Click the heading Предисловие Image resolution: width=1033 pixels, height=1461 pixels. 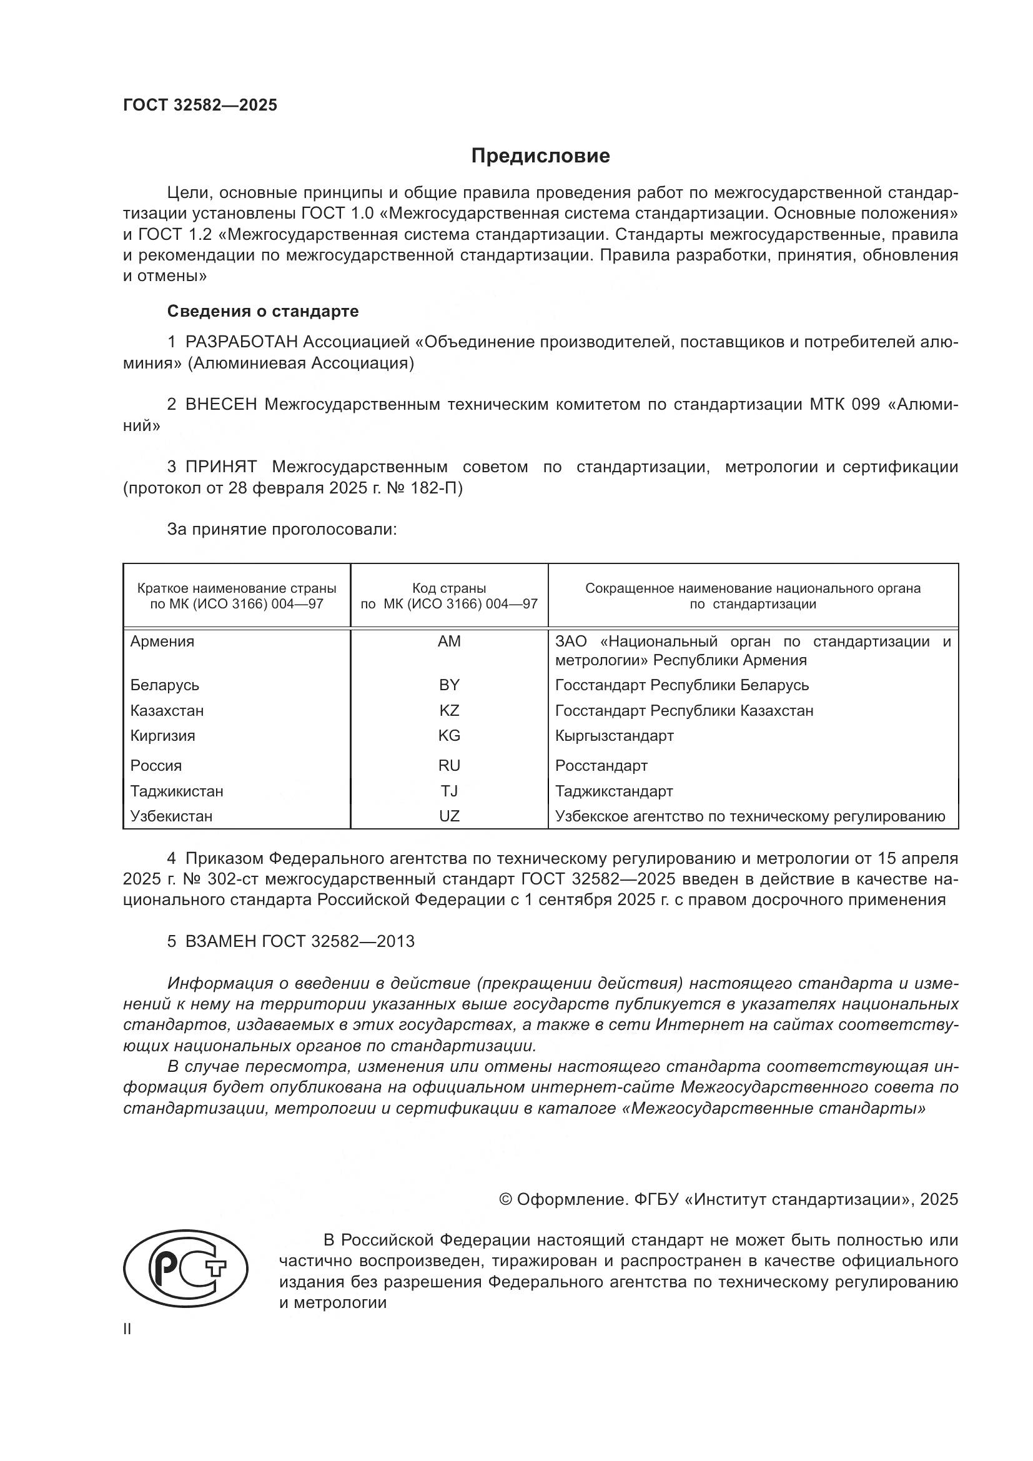540,156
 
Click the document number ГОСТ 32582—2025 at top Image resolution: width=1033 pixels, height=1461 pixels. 200,106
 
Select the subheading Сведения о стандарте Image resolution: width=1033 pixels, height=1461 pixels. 263,311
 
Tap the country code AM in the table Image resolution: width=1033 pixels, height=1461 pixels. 449,641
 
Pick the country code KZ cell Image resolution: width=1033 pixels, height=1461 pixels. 449,710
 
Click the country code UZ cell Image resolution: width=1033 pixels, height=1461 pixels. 449,816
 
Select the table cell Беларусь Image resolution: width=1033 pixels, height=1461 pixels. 165,685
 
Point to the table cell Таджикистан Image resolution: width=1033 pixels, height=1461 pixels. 177,791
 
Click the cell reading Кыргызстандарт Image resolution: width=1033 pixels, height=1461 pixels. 614,736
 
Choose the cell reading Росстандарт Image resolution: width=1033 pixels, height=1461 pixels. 601,766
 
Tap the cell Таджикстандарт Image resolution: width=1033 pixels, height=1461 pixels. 614,791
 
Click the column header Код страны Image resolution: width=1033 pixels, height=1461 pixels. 449,588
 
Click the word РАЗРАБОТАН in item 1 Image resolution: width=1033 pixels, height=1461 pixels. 241,342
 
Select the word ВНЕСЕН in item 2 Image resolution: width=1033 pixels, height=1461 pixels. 221,405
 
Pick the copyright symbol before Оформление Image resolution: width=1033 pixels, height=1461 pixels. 506,1199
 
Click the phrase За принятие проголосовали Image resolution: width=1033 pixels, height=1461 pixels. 282,530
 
